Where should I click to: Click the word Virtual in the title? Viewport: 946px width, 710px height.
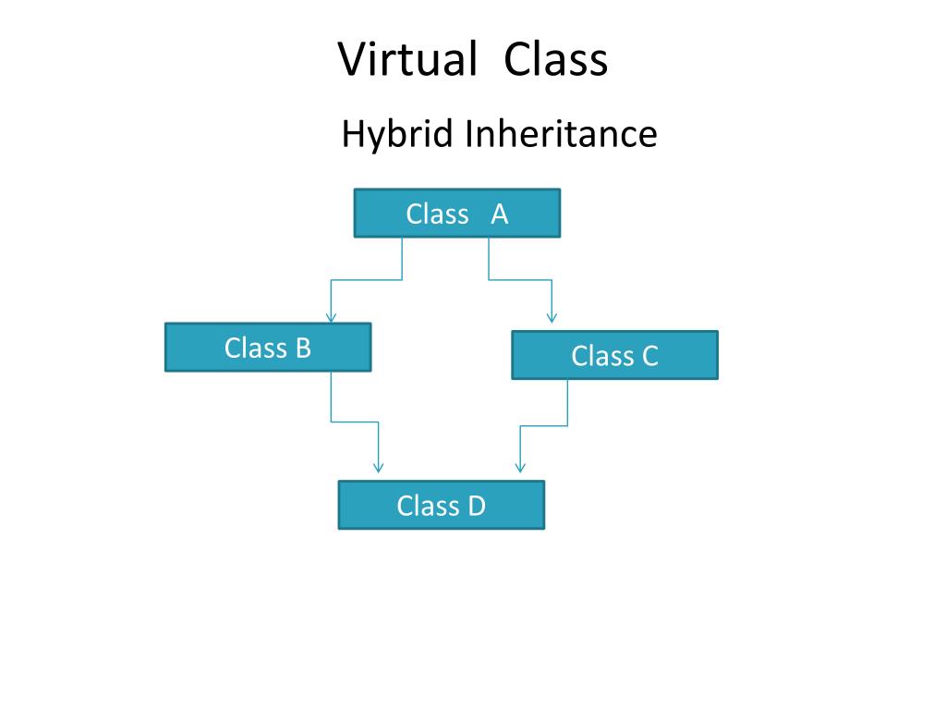(406, 60)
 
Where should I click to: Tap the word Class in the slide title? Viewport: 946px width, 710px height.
(556, 60)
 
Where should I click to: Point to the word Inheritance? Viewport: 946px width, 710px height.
(561, 135)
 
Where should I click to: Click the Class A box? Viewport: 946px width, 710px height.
(456, 214)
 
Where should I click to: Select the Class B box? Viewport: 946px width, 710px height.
(268, 348)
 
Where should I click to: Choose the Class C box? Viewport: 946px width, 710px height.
(614, 356)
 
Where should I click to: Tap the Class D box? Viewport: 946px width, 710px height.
(441, 506)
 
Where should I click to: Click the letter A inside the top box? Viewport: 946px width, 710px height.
(500, 214)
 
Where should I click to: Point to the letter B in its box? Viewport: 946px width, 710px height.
(302, 349)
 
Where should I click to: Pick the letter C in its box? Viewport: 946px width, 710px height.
(649, 357)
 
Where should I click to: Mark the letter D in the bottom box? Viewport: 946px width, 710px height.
(476, 507)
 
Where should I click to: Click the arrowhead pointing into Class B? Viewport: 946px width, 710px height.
(331, 317)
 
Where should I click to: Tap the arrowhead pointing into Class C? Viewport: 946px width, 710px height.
(552, 317)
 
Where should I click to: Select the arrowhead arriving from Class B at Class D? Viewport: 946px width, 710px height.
(378, 468)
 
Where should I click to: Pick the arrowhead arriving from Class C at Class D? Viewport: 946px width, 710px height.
(520, 468)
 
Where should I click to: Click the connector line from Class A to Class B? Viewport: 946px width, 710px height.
(367, 279)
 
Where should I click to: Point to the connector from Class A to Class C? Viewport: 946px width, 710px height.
(520, 279)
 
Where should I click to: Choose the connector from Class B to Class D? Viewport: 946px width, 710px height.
(355, 422)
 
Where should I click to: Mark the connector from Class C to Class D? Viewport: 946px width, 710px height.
(544, 425)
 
